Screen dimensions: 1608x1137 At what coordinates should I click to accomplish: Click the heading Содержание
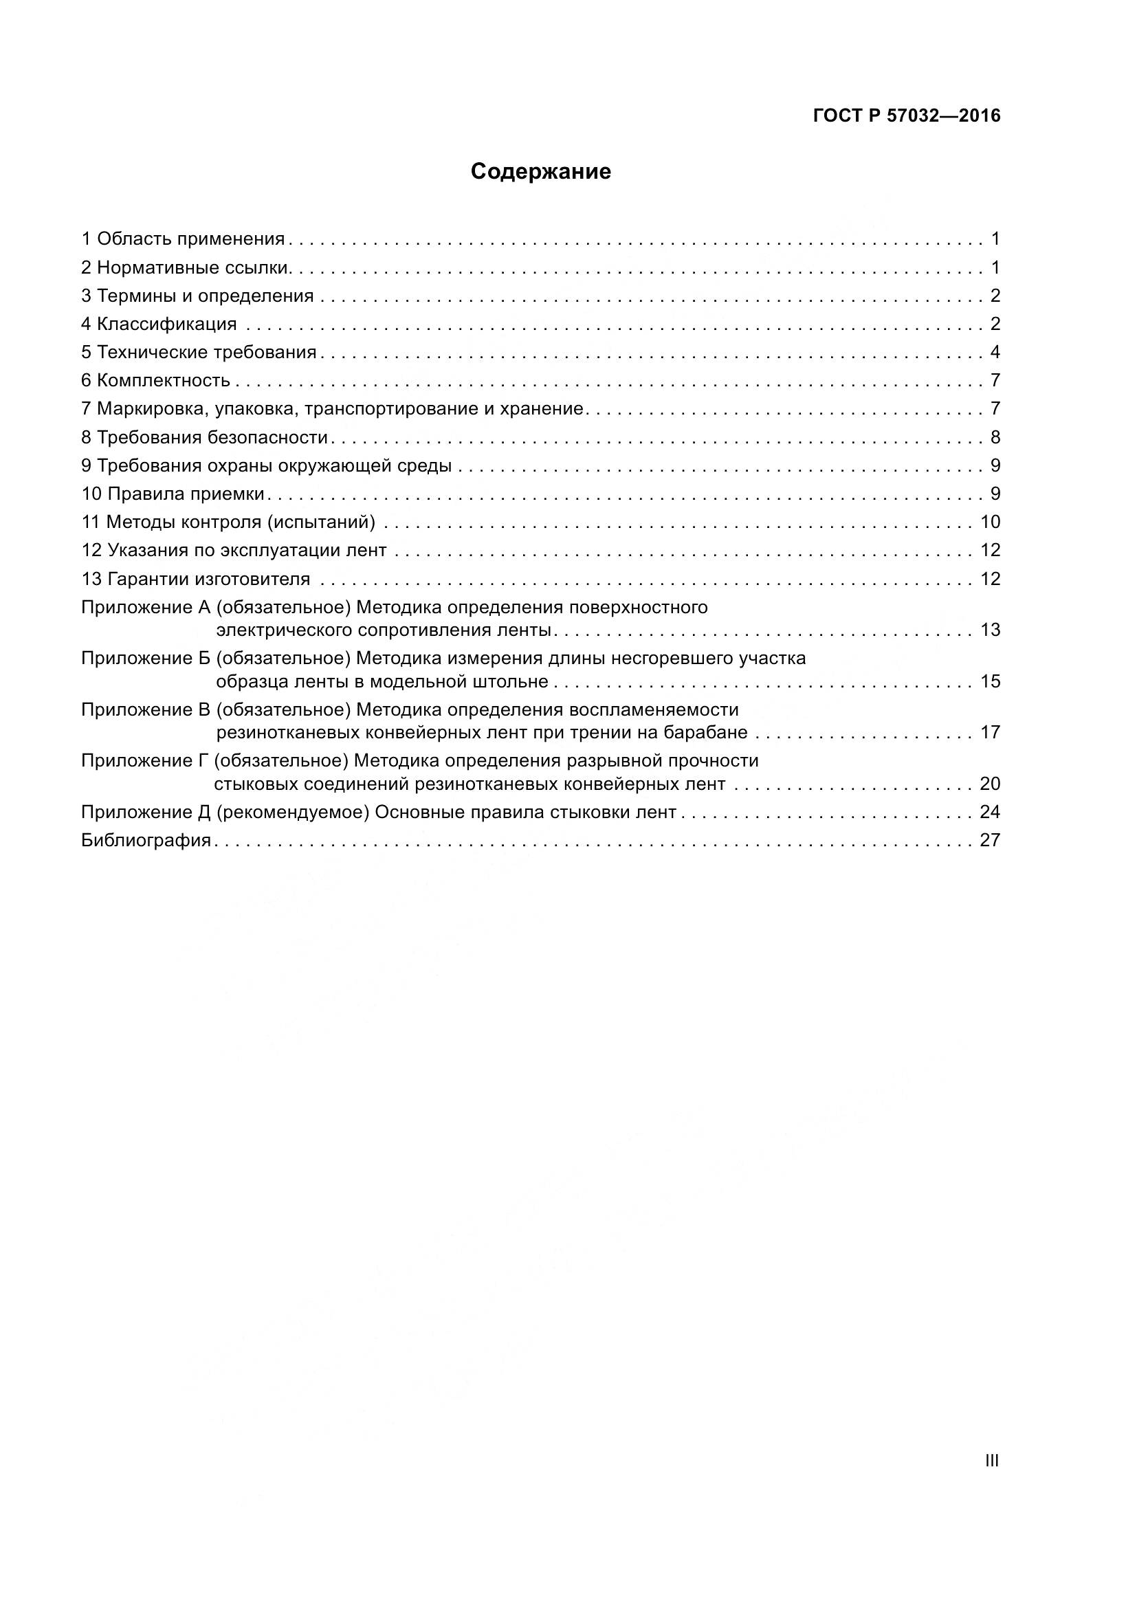tap(540, 173)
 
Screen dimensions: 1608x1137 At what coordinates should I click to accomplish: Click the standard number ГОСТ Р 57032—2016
tap(907, 116)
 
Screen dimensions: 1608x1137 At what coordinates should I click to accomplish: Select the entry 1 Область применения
tap(184, 239)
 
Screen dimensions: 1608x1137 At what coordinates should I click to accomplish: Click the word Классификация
tap(166, 324)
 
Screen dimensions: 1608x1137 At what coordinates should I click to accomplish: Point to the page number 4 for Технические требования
tap(995, 352)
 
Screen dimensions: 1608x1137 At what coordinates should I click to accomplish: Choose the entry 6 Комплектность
tap(156, 381)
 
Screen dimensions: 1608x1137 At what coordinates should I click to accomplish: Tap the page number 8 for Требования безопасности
tap(995, 438)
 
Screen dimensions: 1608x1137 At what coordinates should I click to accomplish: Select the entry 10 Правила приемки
tap(173, 494)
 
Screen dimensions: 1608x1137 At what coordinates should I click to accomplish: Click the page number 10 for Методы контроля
tap(990, 522)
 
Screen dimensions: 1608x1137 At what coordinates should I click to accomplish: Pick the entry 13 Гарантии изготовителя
tap(196, 579)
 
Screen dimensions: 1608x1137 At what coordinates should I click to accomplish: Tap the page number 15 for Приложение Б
tap(990, 681)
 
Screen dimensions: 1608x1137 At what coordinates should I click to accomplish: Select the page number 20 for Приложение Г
tap(990, 784)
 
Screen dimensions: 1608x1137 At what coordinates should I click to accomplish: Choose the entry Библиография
tap(146, 840)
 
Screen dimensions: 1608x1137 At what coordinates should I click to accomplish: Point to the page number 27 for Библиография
tap(990, 840)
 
